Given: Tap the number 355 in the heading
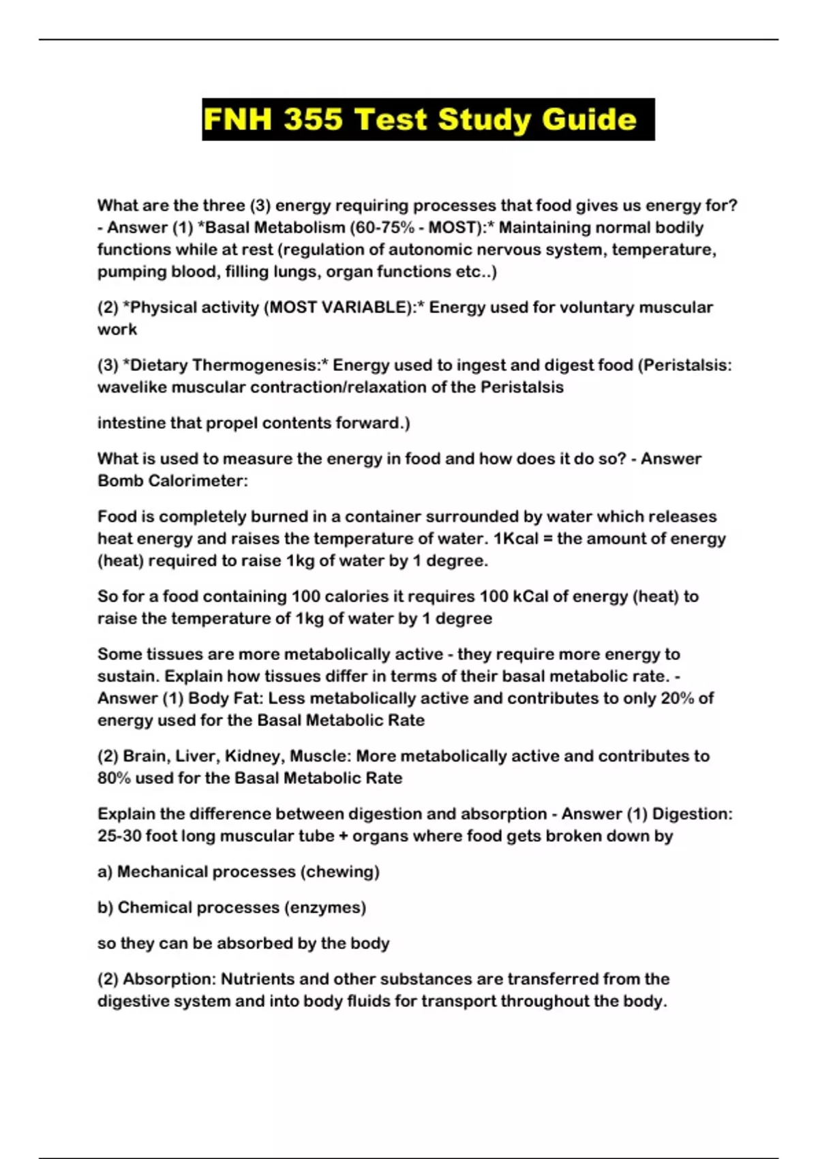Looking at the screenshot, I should (x=314, y=119).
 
